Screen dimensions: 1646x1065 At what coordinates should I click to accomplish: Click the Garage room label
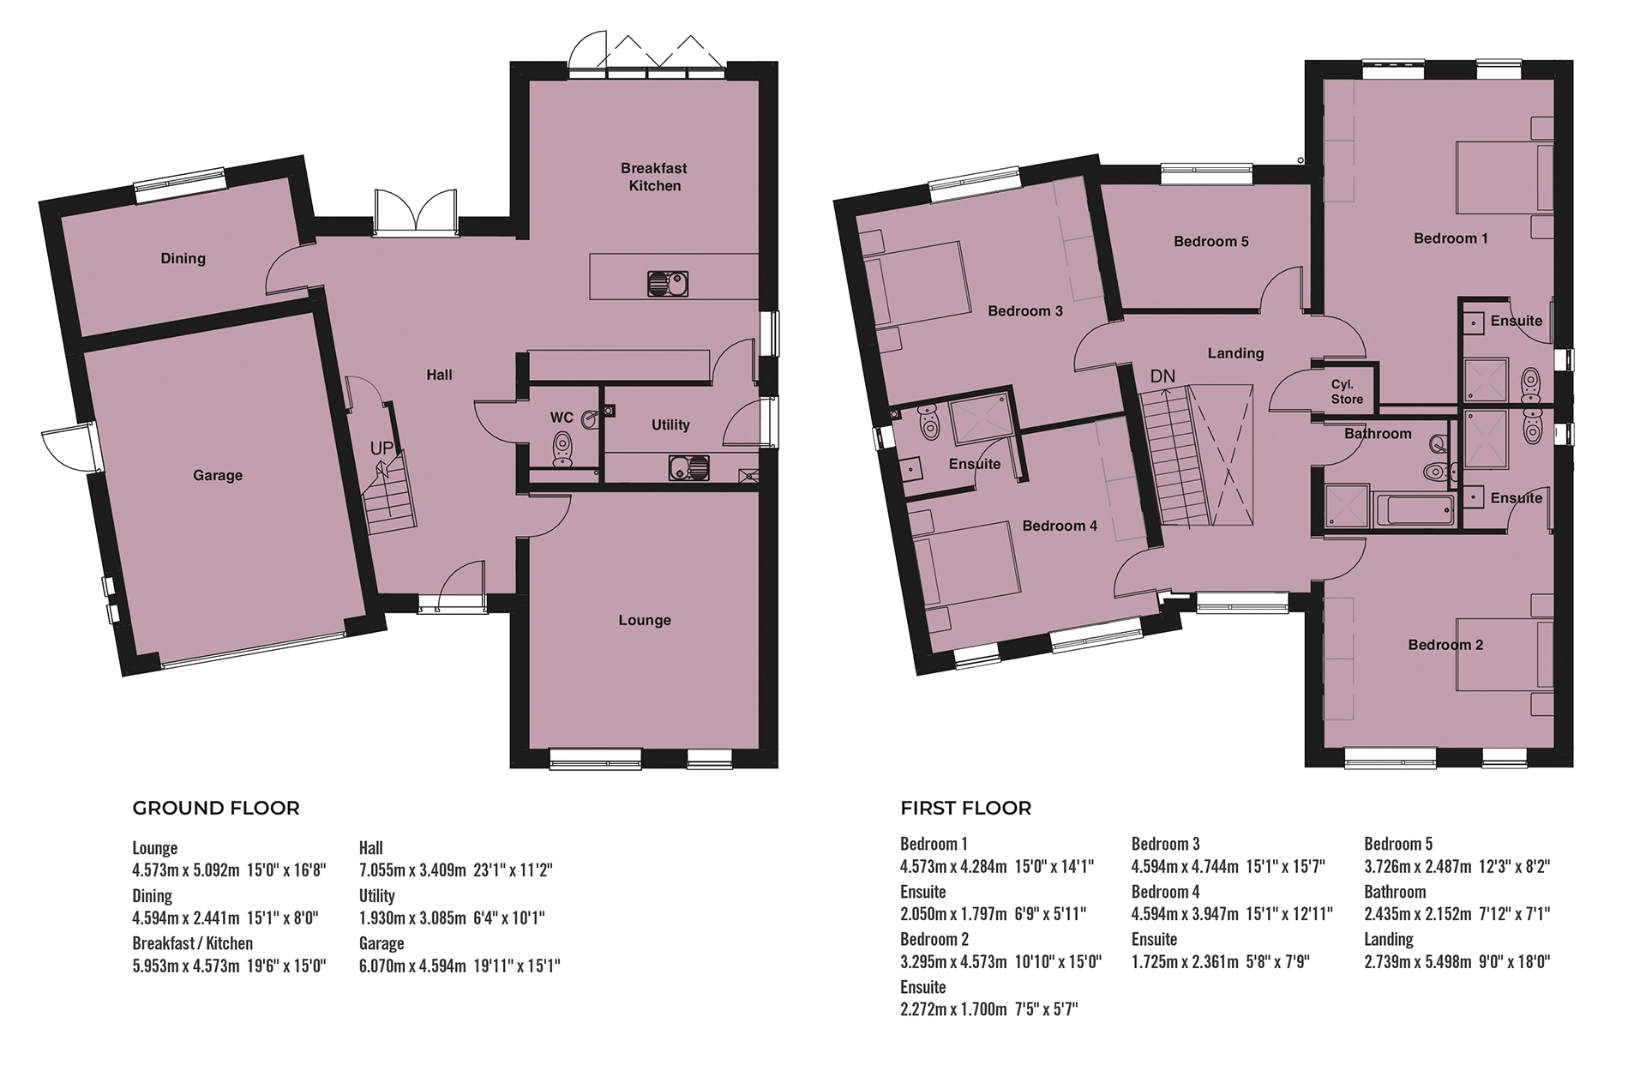(x=218, y=475)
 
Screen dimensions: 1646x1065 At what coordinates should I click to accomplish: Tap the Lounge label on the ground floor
(x=645, y=620)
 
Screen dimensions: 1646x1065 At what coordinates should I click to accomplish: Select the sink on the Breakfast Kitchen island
(x=666, y=283)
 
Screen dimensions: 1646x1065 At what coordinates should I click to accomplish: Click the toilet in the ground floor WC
(x=562, y=448)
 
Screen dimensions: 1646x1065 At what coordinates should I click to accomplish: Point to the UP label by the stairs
(x=382, y=448)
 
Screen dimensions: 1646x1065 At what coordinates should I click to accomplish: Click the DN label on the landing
(x=1162, y=376)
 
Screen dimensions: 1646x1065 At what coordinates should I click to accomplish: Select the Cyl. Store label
(x=1347, y=392)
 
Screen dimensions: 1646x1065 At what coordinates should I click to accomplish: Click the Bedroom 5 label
(x=1211, y=242)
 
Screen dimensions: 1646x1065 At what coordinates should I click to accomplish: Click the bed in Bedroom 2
(x=1505, y=654)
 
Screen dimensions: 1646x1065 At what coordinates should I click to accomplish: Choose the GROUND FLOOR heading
(x=216, y=809)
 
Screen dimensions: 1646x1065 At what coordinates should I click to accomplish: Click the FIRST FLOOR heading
(x=965, y=809)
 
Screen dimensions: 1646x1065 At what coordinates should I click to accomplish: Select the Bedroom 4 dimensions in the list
(x=1232, y=914)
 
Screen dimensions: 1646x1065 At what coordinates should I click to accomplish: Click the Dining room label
(x=183, y=258)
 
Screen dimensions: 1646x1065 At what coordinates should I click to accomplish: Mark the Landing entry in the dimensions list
(x=1389, y=939)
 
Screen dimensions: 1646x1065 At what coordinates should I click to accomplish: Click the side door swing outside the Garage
(x=60, y=447)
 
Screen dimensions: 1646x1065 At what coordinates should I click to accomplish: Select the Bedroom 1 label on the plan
(x=1451, y=238)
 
